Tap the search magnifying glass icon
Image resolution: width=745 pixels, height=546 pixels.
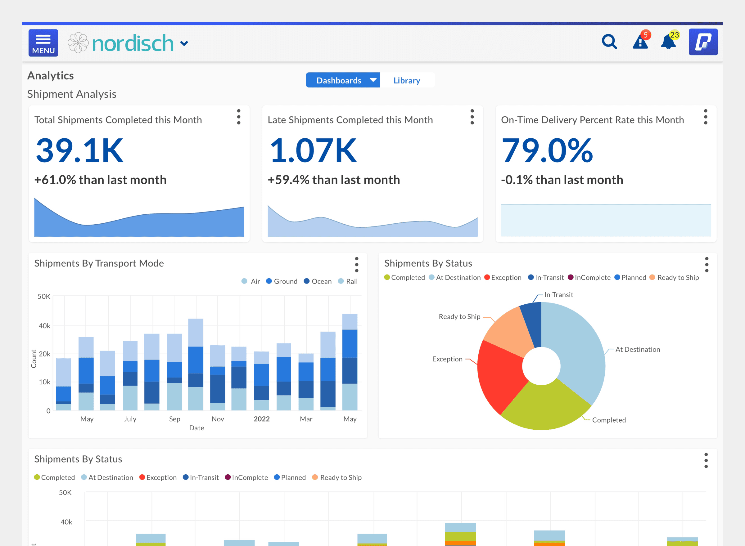(609, 42)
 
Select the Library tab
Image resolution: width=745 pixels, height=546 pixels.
(406, 80)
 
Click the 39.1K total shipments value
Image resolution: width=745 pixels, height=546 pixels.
(80, 151)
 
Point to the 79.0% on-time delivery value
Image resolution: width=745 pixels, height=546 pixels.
(547, 151)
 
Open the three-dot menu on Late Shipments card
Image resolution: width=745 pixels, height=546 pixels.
(472, 117)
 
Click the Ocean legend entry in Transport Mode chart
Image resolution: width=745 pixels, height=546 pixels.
(318, 281)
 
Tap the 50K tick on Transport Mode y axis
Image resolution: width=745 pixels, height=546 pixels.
(44, 296)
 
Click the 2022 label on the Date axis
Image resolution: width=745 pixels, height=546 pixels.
(262, 419)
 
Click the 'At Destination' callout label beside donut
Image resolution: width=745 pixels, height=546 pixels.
(637, 349)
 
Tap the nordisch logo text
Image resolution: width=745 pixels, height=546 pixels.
(133, 43)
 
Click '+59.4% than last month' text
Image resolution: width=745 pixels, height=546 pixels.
(334, 180)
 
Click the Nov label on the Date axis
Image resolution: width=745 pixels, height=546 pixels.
(218, 419)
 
